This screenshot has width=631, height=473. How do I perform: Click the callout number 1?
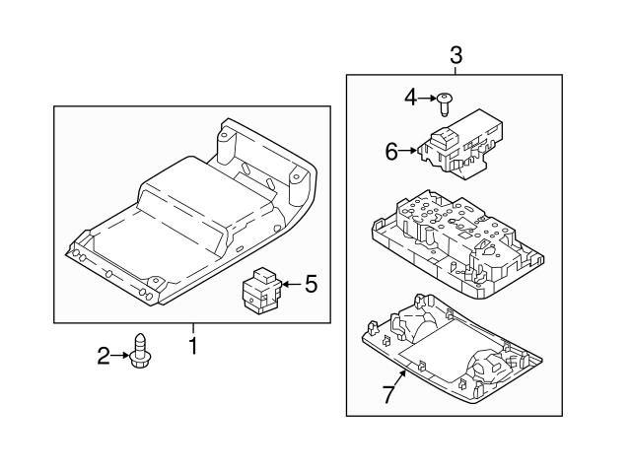point(193,346)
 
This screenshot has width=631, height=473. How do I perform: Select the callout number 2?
point(103,356)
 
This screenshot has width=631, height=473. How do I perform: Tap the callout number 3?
point(455,56)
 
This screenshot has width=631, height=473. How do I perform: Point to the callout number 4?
point(411,97)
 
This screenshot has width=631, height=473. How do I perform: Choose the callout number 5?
point(311,285)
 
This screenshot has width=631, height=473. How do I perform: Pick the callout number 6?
point(390,151)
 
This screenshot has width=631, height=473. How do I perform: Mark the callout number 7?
point(387,395)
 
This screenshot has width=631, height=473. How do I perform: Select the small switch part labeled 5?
point(260,290)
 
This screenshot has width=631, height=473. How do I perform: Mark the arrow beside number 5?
point(290,285)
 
